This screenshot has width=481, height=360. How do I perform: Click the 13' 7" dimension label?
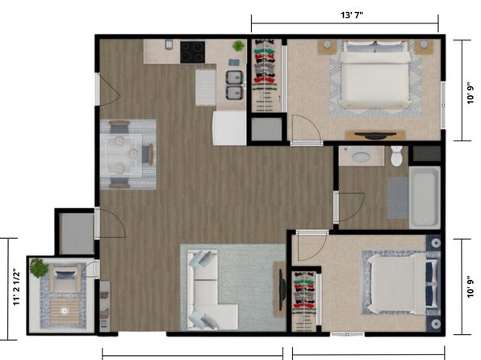[352, 15]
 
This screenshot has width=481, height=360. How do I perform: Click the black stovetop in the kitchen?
[193, 52]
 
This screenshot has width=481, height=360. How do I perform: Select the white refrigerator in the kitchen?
[229, 128]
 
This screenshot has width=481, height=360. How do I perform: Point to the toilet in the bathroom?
[396, 156]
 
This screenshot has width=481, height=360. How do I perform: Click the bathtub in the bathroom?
[425, 197]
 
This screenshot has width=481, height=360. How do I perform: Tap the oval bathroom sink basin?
[361, 157]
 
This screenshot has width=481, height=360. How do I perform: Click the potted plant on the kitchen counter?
[238, 46]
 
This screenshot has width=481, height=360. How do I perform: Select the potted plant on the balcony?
[39, 268]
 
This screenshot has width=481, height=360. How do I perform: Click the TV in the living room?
[282, 290]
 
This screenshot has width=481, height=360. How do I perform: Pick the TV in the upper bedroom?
[374, 135]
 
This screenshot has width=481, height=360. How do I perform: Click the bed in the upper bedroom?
[374, 75]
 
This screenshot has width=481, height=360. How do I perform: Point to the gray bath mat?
[398, 198]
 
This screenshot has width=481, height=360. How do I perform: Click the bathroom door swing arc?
[356, 211]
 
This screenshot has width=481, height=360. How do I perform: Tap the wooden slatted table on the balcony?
[65, 311]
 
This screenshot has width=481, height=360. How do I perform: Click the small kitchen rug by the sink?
[206, 88]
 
